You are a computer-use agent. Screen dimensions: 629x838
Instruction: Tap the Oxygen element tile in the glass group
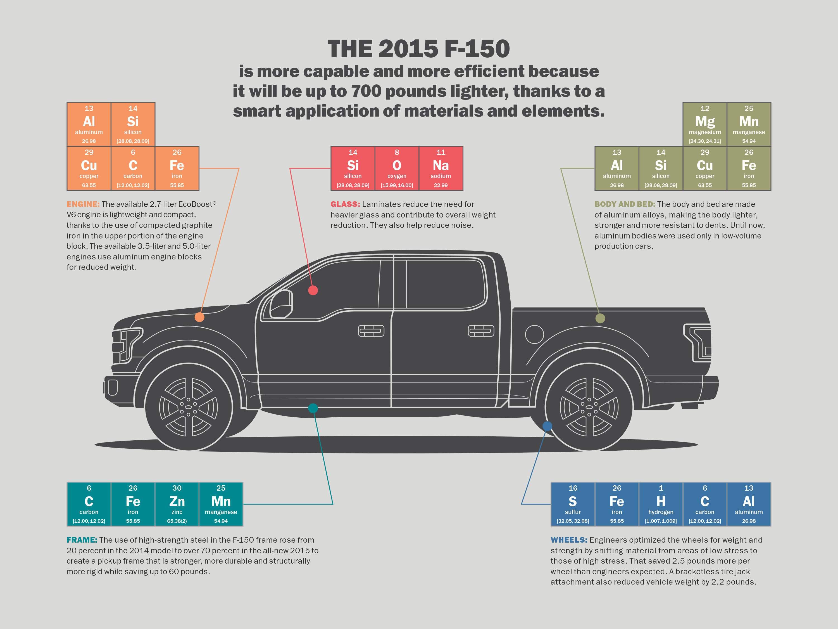tap(397, 168)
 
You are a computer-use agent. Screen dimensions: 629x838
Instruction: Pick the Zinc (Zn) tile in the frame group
tap(177, 504)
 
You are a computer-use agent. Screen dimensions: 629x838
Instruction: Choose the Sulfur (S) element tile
tap(573, 504)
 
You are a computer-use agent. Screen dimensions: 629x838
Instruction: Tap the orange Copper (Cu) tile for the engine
tap(89, 168)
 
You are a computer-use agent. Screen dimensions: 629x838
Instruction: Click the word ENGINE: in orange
tap(83, 204)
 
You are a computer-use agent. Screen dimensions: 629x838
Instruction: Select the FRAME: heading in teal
tap(82, 540)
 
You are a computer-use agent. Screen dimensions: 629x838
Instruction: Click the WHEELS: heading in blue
tap(569, 540)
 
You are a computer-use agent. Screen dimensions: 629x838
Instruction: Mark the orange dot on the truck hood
tap(199, 317)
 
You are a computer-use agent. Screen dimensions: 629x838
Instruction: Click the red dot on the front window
tap(313, 290)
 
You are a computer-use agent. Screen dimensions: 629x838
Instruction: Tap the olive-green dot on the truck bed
tap(600, 318)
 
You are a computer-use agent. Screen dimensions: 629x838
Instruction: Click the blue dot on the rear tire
tap(547, 426)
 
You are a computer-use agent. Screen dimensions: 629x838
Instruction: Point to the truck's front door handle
tap(371, 331)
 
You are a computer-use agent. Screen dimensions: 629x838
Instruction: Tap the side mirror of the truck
tap(281, 304)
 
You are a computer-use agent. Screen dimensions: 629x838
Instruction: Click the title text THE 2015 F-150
tap(419, 49)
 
